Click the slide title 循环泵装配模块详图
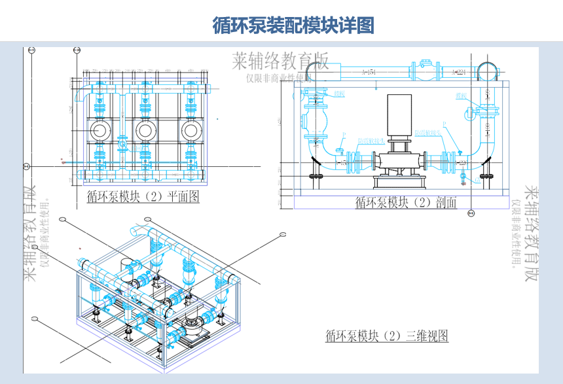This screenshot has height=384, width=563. (x=293, y=26)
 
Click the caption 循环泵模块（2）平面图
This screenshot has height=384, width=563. (x=142, y=196)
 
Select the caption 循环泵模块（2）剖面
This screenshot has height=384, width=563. (x=405, y=203)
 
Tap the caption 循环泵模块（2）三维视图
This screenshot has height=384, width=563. (x=386, y=336)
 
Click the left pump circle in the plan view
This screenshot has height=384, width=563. (x=100, y=130)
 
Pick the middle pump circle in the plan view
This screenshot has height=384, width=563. (x=145, y=130)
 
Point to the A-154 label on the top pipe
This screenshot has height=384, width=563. (x=370, y=72)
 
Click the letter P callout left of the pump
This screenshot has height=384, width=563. (x=342, y=135)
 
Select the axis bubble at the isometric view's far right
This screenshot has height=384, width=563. (x=283, y=234)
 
